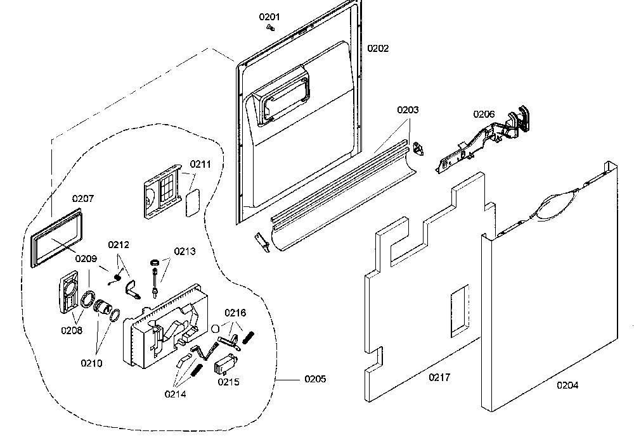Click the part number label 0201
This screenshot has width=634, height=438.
pos(269,17)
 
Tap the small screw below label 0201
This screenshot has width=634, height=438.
pos(271,27)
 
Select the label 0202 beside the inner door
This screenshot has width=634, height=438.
pos(378,49)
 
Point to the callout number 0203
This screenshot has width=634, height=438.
pos(408,109)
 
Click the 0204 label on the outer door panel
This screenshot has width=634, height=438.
pos(567,385)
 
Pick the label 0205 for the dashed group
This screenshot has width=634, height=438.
pos(315,379)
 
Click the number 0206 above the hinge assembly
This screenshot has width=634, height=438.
pos(484,114)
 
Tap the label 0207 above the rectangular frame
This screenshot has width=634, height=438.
pos(83,199)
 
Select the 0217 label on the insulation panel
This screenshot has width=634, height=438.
pos(439,377)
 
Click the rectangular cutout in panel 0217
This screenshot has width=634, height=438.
pos(460,310)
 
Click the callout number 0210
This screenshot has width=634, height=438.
pos(91,363)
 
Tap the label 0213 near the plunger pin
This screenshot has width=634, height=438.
pos(184,251)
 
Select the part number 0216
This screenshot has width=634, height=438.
pos(235,313)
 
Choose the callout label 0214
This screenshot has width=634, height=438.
pos(176,394)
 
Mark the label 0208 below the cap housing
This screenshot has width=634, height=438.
pos(72,330)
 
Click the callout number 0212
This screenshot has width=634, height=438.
pos(119,244)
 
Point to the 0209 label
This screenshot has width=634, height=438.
pos(86,259)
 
